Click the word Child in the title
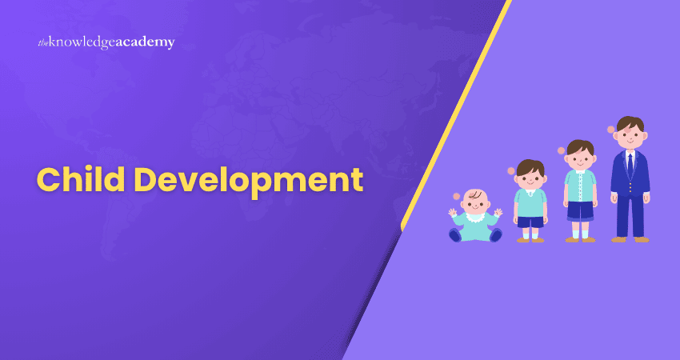(x=71, y=179)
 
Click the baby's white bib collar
(x=475, y=217)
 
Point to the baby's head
(x=475, y=201)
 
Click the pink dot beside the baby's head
(x=457, y=196)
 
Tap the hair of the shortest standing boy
(x=530, y=167)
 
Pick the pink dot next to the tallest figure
(x=611, y=130)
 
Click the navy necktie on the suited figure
(x=630, y=165)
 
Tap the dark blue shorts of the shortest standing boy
(x=530, y=222)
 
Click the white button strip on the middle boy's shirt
(x=580, y=186)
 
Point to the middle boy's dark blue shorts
(x=580, y=211)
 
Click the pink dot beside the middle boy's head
(x=561, y=150)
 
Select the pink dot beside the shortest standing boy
(x=511, y=171)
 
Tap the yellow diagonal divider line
(x=456, y=115)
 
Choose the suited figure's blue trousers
(x=630, y=214)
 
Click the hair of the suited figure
(x=630, y=122)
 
